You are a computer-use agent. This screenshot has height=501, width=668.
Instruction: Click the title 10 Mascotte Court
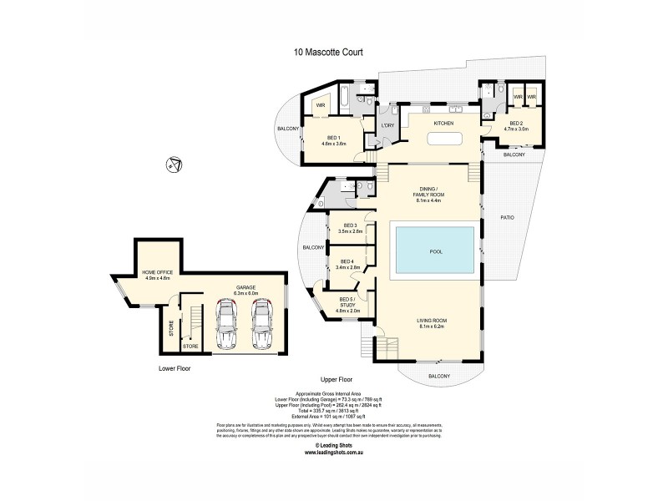coord(327,52)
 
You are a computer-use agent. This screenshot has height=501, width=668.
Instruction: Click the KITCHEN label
coord(443,124)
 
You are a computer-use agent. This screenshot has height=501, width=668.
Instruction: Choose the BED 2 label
coord(515,126)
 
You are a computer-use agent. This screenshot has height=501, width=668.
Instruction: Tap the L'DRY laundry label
coord(387,124)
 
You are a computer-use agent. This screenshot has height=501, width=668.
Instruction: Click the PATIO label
coord(508,218)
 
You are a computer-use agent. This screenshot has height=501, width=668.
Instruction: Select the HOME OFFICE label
coord(157,274)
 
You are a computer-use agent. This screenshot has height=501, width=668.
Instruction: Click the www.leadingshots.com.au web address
coord(327,453)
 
